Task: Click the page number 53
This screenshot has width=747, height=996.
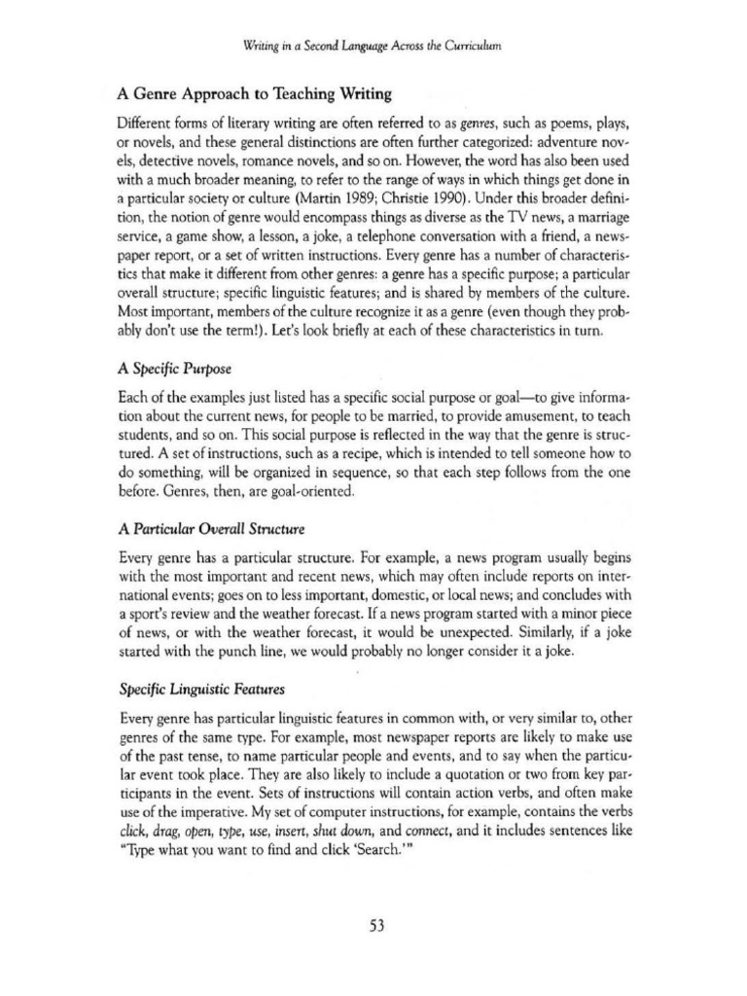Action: pos(376,926)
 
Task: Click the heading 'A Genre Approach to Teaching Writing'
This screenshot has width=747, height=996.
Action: pos(254,94)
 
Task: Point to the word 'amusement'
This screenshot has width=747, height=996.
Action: pos(511,417)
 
